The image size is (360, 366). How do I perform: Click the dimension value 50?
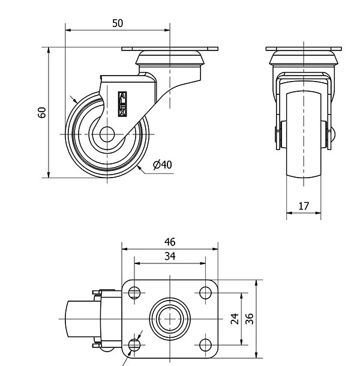tap(118, 23)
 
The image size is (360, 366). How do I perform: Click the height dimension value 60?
tap(42, 112)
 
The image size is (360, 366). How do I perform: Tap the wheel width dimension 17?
tap(304, 206)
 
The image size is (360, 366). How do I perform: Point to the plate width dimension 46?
tap(170, 242)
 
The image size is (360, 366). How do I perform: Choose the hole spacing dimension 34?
tap(170, 256)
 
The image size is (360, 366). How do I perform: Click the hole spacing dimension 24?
tap(235, 318)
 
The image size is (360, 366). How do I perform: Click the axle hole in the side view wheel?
tap(108, 133)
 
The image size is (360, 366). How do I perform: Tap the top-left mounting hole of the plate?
tap(133, 293)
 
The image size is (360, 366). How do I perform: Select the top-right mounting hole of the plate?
tap(205, 293)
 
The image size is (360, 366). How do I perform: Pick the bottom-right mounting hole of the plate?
tap(205, 344)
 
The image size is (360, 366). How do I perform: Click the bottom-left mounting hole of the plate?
tap(133, 344)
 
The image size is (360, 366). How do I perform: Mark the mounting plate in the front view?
tap(304, 49)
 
